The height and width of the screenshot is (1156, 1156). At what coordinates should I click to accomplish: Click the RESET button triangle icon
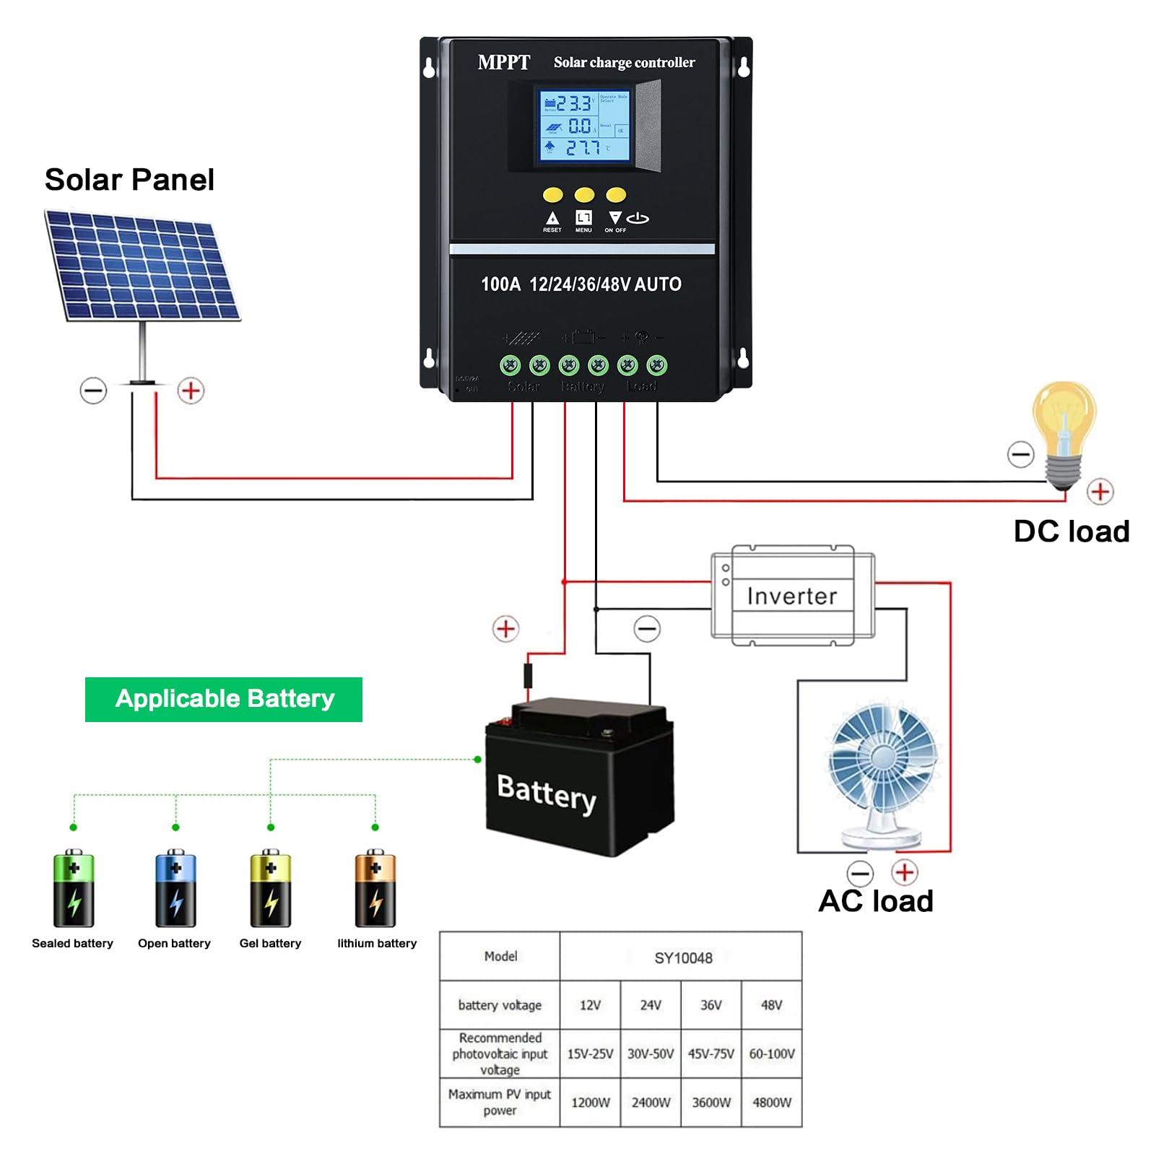pos(552,217)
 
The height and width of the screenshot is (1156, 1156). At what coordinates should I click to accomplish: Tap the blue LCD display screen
pos(585,126)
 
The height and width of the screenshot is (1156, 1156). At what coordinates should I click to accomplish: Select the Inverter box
pos(793,596)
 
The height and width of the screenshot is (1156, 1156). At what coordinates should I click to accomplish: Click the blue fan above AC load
pos(883,758)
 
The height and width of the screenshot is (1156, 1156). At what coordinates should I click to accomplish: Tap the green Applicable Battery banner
pos(224,699)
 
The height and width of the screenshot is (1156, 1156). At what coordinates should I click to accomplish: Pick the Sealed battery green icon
pos(74,888)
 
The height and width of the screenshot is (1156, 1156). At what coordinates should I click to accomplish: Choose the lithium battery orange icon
pos(375,888)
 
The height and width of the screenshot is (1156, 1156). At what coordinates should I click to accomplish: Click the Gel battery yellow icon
pos(271,888)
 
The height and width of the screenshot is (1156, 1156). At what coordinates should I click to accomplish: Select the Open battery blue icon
pos(175,888)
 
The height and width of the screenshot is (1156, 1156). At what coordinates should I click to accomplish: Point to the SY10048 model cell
pos(682,958)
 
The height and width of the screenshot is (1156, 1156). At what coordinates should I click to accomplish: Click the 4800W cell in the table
pos(772,1103)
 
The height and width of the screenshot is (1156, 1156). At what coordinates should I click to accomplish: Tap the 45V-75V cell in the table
pos(711,1054)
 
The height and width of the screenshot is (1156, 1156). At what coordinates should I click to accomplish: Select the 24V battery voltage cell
pos(651,1005)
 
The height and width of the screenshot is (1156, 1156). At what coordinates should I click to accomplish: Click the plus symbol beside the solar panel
pos(191,391)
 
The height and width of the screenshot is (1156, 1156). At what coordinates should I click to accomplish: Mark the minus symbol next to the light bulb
pos(1021,454)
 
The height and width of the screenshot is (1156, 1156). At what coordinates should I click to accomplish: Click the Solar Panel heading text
pos(129,180)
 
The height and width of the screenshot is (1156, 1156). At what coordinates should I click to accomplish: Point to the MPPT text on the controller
pos(504,63)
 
